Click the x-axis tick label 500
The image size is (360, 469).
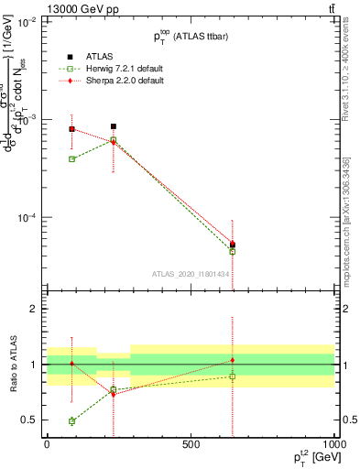coord(191,443)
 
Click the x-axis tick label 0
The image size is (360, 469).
coord(47,443)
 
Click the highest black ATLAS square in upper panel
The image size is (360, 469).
coord(113,126)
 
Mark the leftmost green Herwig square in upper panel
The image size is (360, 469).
coord(71,158)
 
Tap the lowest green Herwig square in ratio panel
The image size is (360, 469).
coord(71,421)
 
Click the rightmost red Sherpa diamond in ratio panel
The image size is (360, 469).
coord(233,360)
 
